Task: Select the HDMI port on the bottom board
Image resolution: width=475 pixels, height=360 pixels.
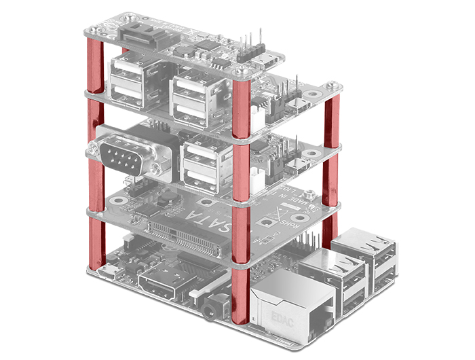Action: click(x=163, y=286)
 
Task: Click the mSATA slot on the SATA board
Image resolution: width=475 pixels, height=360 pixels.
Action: click(x=180, y=234)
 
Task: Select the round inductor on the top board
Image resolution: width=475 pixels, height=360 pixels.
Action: click(x=180, y=50)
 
